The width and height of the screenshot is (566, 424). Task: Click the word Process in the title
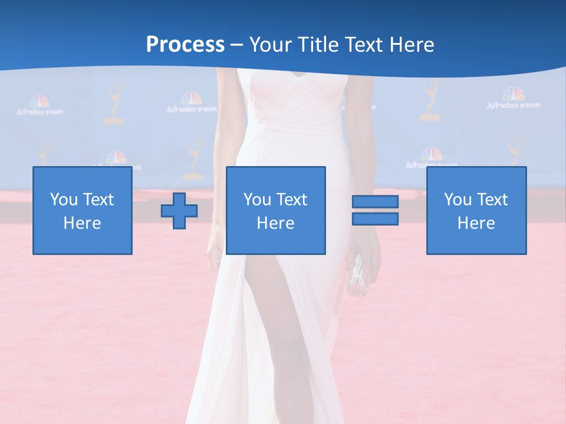[185, 45]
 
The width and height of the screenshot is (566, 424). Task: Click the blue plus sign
[179, 210]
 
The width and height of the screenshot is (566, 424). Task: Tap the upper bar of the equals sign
[375, 202]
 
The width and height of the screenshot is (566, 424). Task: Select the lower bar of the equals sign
[375, 218]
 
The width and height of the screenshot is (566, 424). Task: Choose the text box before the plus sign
[82, 210]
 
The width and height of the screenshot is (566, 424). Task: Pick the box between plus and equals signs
[275, 210]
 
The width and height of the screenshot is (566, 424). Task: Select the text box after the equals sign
[476, 210]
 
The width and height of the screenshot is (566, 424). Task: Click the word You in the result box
[458, 200]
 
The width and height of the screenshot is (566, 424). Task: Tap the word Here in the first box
[82, 223]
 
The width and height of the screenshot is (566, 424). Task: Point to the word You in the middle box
[257, 200]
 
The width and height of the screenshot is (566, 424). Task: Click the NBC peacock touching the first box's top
[116, 158]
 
